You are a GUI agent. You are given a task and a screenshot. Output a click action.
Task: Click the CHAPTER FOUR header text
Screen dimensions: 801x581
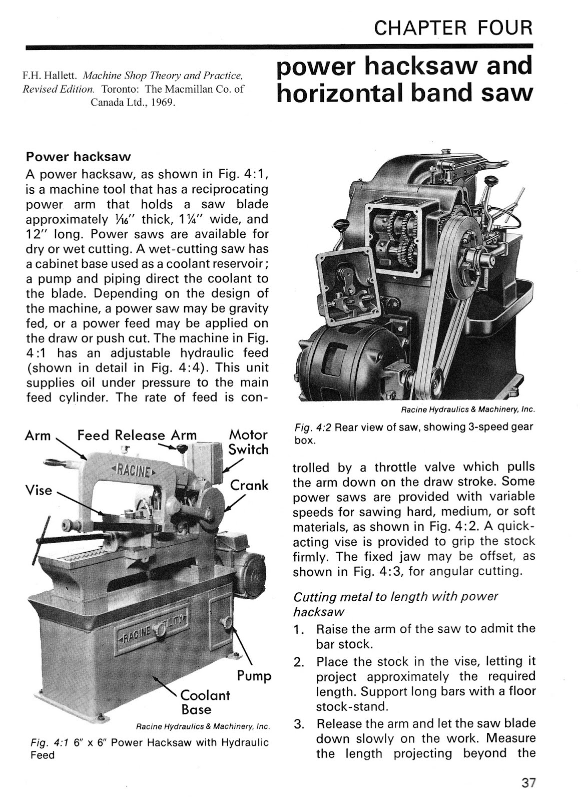(453, 28)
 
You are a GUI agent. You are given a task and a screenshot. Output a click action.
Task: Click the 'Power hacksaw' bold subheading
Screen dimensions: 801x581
(78, 157)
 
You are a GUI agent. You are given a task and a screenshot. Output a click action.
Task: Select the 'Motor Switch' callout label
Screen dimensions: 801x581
(248, 442)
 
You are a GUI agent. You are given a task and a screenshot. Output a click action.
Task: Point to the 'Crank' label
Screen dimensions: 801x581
(249, 485)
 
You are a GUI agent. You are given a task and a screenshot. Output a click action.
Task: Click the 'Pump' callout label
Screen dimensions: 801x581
(254, 676)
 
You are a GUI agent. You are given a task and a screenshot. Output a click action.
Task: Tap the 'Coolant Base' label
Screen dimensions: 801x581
(205, 702)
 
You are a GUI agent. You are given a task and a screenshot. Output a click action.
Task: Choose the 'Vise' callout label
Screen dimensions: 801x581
(39, 490)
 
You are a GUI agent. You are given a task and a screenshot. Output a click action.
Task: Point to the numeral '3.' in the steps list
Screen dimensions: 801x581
(299, 724)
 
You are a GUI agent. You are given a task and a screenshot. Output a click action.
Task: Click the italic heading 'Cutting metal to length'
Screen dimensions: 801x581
(395, 597)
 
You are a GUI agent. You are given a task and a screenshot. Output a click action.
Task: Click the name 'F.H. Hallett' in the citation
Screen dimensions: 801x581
(49, 77)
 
